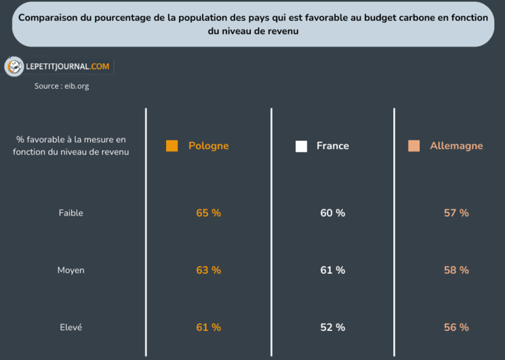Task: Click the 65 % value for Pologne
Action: pos(208,213)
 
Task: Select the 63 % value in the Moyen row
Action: pos(208,270)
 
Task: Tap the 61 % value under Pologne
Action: pos(208,327)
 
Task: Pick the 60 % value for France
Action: pos(332,213)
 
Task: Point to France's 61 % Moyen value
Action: pos(332,270)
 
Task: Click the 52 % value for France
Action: pos(332,327)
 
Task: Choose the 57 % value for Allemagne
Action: pos(456,213)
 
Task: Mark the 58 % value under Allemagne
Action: pos(456,270)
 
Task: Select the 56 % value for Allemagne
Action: pos(456,327)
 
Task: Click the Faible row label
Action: pos(70,213)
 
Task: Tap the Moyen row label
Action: pos(70,270)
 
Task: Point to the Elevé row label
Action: pos(70,327)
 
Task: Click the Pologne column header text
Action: pos(208,146)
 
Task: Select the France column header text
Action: pos(332,146)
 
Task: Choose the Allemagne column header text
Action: pos(456,146)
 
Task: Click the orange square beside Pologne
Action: pos(172,146)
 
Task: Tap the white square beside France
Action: pos(301,146)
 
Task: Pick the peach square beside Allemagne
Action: pos(414,146)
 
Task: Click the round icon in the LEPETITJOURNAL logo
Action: pos(14,66)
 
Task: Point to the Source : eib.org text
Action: pos(62,86)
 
